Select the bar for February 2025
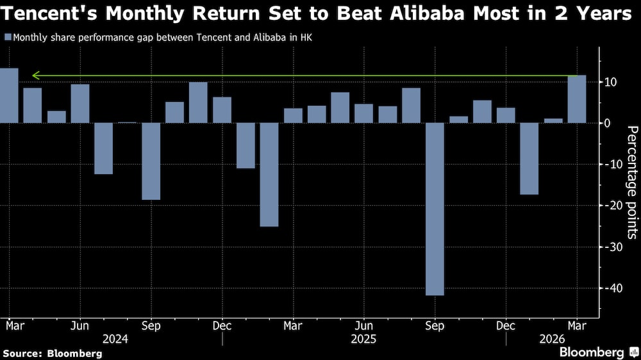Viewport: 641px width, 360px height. pos(269,174)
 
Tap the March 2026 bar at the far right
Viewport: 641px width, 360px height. pos(577,99)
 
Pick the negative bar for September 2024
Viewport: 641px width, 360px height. pos(151,161)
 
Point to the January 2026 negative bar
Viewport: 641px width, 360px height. pos(529,158)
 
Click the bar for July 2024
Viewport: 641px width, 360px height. pos(104,148)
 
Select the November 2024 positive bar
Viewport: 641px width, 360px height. pos(198,102)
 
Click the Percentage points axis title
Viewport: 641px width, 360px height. pos(631,183)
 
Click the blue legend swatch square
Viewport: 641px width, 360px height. pos(7,37)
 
